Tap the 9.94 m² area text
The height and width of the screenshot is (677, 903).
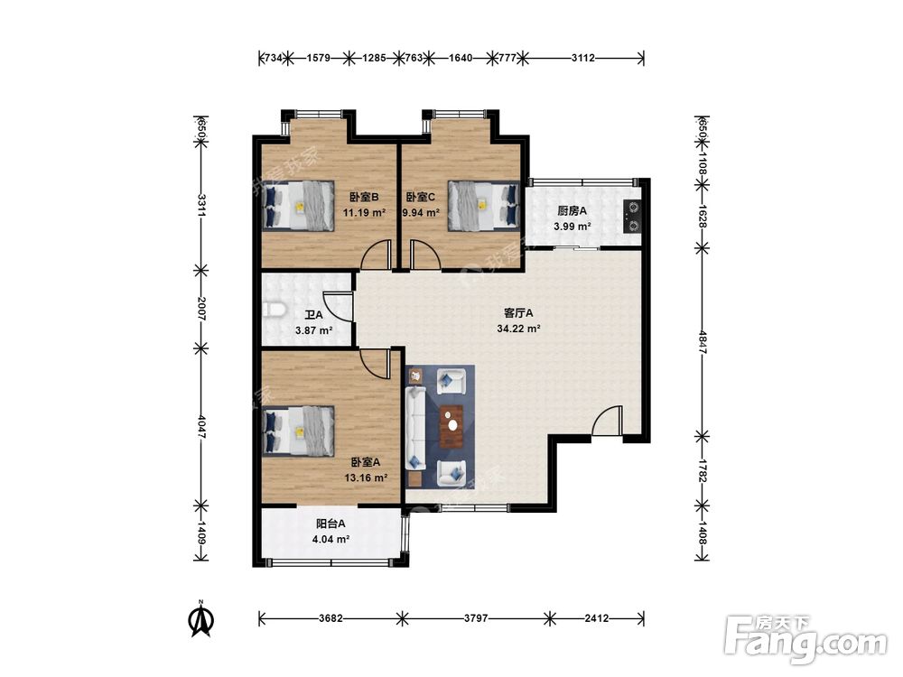(x=421, y=212)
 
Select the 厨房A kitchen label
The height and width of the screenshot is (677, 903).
(x=572, y=210)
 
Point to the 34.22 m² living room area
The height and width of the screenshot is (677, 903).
(x=518, y=329)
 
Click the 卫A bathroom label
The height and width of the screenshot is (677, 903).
(x=313, y=315)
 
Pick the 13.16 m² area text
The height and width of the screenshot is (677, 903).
(x=366, y=478)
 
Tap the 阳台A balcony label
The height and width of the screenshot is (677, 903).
(x=330, y=524)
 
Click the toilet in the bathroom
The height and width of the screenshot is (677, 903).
(x=275, y=310)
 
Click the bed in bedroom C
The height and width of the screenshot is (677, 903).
(x=484, y=206)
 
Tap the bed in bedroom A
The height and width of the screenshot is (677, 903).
(x=298, y=431)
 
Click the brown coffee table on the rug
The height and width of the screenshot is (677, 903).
(x=451, y=427)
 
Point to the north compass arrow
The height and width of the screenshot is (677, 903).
(x=201, y=619)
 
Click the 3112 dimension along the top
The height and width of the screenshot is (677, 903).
(x=582, y=58)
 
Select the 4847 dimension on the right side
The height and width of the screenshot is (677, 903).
(x=702, y=341)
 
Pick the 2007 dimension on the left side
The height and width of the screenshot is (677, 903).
(x=201, y=309)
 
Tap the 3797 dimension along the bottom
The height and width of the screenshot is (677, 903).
(x=476, y=618)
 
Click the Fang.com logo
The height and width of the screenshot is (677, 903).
(x=805, y=641)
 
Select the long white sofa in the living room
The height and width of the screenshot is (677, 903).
(x=415, y=428)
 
